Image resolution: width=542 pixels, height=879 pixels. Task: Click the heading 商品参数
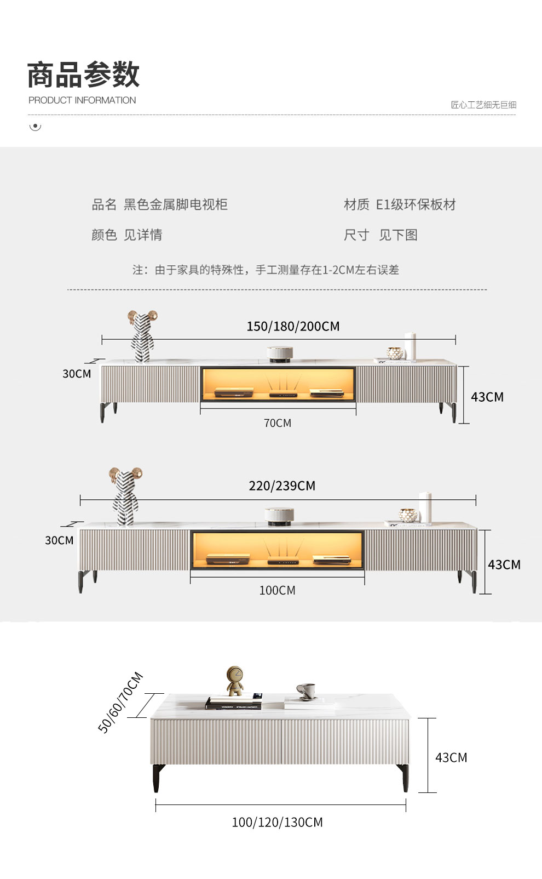pos(83,75)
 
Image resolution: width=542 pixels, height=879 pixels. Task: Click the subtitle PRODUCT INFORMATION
pos(82,100)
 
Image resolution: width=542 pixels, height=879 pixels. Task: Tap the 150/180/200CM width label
pos(293,327)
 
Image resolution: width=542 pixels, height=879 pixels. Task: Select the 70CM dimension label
pos(278,423)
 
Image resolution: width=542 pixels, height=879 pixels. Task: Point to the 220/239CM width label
pos(282,486)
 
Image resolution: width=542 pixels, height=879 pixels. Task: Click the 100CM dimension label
pos(277,590)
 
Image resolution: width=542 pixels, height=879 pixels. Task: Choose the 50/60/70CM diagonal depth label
pos(120,702)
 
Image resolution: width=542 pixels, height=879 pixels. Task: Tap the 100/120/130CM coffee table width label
pos(277,822)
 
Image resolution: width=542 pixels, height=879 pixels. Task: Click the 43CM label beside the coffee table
pos(451,757)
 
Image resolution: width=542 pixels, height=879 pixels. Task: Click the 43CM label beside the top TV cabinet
pos(487,397)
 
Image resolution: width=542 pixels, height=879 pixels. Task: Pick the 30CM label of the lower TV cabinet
pos(59,540)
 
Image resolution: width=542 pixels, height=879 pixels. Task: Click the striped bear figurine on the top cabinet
pos(142,336)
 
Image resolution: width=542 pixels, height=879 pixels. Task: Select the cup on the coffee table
pos(307,691)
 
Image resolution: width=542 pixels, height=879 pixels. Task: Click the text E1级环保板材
pos(416,205)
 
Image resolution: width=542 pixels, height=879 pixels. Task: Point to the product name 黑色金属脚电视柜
pos(175,205)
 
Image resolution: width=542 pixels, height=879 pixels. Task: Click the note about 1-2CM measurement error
pos(266,270)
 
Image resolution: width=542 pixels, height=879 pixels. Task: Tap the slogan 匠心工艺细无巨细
pos(483,105)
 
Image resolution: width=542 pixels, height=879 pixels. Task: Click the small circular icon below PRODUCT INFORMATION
pos(35,127)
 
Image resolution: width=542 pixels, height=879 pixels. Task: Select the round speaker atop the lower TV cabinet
pos(279,516)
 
